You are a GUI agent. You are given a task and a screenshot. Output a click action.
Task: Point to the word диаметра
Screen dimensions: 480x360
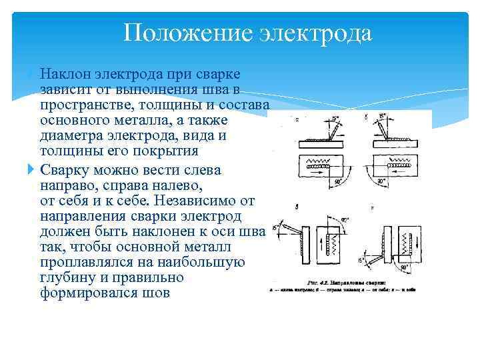(x=72, y=135)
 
